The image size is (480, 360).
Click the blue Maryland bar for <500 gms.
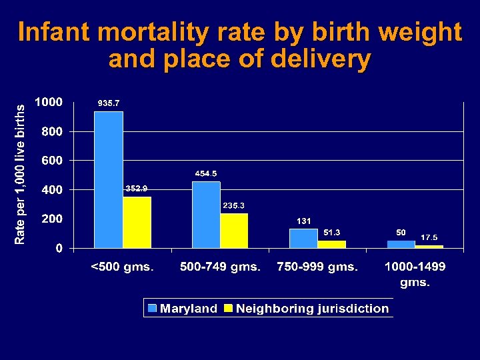point(109,179)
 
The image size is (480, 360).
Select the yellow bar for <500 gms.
point(137,222)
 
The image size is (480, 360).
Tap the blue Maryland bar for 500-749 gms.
point(206,214)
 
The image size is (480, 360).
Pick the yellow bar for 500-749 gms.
point(234,231)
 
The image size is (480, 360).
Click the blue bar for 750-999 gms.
point(303,238)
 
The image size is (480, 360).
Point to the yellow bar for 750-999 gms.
point(331,244)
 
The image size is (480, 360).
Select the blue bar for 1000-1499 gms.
point(401,244)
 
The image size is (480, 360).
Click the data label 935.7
point(109,103)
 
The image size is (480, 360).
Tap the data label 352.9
point(137,189)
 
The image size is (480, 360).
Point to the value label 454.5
point(205,173)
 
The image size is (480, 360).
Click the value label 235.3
point(233,205)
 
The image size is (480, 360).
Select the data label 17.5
point(429,237)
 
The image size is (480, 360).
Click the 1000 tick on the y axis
point(49,103)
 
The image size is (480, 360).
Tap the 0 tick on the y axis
point(59,248)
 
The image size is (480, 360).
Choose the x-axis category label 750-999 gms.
point(317,267)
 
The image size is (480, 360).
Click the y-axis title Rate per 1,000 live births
point(21,173)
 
